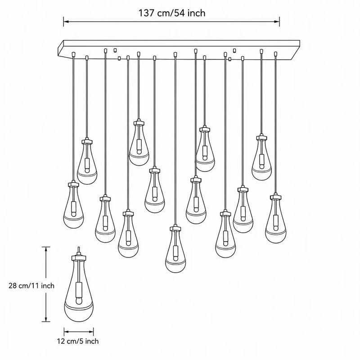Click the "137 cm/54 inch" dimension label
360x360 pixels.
(x=172, y=13)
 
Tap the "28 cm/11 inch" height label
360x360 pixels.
(x=31, y=286)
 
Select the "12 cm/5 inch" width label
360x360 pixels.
(x=78, y=341)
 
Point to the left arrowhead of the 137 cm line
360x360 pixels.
(x=66, y=22)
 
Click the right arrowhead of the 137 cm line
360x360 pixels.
(x=277, y=22)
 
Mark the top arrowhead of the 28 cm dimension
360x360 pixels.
(x=46, y=250)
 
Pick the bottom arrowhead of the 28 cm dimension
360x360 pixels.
(x=46, y=319)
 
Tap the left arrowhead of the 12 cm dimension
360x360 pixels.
(x=67, y=332)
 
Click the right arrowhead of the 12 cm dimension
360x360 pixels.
(x=91, y=332)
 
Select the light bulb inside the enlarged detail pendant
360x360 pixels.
(x=79, y=301)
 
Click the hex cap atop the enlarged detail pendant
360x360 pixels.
(x=79, y=257)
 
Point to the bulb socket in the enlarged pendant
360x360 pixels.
(x=79, y=290)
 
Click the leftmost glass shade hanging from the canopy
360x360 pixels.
(x=73, y=207)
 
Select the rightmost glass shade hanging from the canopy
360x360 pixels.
(x=275, y=221)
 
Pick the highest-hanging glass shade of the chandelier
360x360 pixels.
(x=139, y=144)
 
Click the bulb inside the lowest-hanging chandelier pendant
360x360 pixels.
(x=175, y=258)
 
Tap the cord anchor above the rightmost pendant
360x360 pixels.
(x=275, y=54)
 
